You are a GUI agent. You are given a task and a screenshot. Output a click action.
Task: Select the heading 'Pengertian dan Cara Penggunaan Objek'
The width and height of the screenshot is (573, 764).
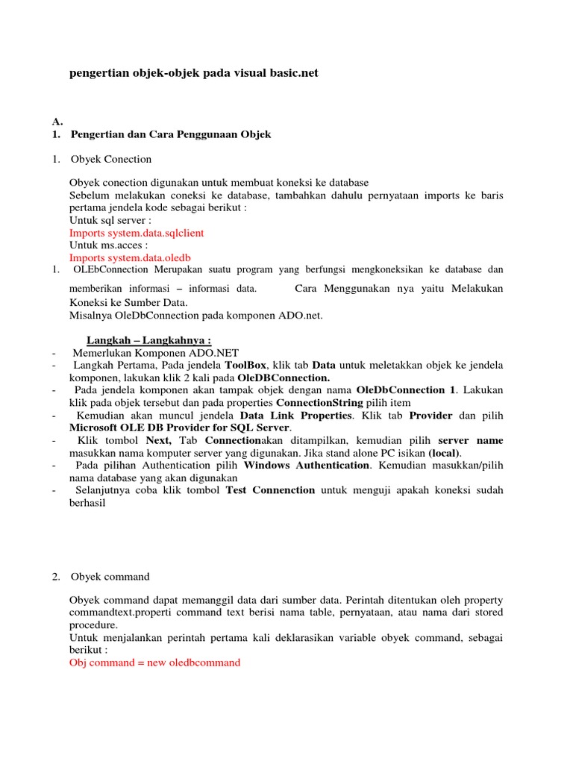(171, 134)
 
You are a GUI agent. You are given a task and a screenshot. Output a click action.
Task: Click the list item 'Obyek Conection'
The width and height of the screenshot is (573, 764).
(111, 159)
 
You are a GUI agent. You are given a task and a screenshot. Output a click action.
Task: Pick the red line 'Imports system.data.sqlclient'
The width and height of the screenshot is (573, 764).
(137, 233)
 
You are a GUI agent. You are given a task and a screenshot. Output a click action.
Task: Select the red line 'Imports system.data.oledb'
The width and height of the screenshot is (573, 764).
(130, 257)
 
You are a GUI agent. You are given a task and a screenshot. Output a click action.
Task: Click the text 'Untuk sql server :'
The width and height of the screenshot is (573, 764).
(110, 220)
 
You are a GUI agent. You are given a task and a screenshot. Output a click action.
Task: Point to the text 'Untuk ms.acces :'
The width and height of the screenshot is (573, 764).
(108, 245)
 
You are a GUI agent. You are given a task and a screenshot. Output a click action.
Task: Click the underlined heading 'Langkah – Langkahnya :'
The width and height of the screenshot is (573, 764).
(144, 340)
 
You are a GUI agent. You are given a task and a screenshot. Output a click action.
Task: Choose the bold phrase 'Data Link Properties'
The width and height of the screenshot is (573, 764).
(295, 415)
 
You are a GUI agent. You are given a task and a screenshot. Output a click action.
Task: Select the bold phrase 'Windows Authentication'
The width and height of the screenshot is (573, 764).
(307, 465)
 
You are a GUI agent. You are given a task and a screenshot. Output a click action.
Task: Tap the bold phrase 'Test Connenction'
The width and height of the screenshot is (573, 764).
(270, 490)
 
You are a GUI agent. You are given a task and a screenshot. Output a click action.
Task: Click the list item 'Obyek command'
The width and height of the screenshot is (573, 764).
(110, 577)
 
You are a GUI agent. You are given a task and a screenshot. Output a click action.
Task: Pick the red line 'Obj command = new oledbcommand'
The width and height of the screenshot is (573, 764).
(155, 663)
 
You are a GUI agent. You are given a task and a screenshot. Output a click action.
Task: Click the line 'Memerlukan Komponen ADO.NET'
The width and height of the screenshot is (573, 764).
(156, 353)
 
